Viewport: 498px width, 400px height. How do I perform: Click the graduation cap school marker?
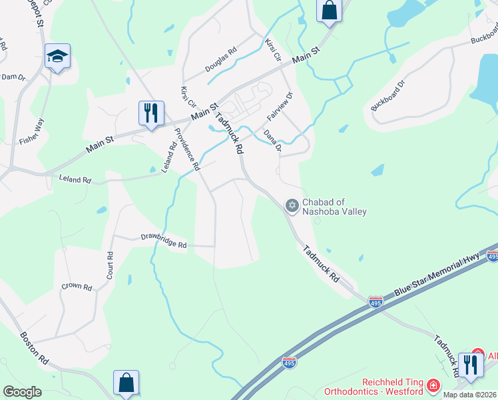point(58,57)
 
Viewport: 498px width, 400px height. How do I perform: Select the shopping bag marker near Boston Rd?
point(126,383)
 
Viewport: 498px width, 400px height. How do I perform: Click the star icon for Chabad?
point(291,205)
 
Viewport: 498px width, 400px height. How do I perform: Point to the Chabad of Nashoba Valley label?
point(334,207)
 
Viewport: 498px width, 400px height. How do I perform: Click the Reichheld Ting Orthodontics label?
point(373,390)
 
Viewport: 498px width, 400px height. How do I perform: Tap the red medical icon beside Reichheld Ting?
point(433,385)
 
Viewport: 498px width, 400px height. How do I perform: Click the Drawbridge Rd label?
point(163,241)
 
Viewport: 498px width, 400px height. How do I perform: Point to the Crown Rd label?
point(77,287)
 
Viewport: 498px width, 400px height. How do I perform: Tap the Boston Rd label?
point(33,348)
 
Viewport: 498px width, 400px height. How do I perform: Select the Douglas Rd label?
point(221,60)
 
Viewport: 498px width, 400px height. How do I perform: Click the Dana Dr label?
point(272,141)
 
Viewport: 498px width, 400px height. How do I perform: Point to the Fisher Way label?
point(31,131)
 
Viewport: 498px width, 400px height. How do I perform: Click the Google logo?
point(22,392)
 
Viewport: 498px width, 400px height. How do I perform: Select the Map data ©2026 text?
point(470,395)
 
